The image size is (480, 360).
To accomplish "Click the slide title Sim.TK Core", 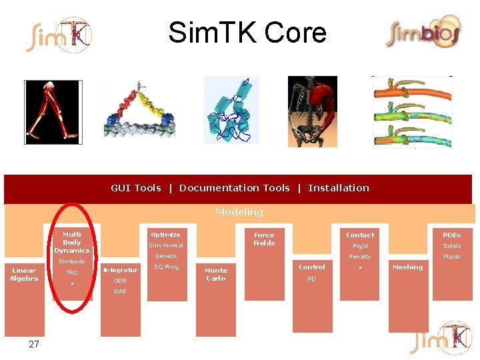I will (247, 32).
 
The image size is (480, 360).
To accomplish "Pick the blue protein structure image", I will (231, 110).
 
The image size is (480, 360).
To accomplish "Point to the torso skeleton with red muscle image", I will (312, 111).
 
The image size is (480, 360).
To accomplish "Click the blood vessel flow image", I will (411, 111).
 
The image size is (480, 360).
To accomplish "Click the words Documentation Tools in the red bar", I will (235, 188).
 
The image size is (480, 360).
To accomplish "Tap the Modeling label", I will (239, 212).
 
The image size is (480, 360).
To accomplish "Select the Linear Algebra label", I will (25, 274).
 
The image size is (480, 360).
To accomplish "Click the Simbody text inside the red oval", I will (72, 261).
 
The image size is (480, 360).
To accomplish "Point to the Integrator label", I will (121, 270).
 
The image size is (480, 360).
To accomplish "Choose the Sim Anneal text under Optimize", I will (166, 245).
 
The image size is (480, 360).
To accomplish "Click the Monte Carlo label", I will (216, 274).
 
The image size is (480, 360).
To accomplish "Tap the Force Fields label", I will (264, 239).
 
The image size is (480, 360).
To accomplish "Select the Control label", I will (312, 267).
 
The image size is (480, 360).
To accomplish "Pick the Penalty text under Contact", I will (360, 257).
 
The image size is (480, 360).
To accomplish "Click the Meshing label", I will (408, 267).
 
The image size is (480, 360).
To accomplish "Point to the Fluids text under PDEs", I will (452, 257).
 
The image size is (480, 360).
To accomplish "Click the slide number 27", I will (34, 344).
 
